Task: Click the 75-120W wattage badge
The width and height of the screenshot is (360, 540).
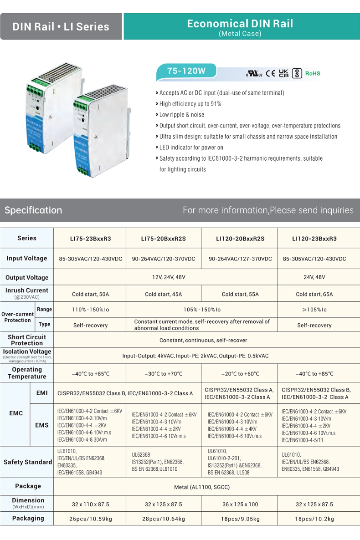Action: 186,71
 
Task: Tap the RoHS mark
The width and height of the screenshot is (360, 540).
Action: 313,73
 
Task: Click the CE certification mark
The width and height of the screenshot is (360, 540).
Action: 270,73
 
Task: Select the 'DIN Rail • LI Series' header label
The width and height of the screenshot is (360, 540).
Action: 61,26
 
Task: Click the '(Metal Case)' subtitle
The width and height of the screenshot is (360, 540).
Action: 240,34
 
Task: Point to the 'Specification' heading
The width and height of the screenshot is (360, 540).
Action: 33,210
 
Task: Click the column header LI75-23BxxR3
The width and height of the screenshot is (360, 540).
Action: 90,239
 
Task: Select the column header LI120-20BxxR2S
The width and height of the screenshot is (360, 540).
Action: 240,239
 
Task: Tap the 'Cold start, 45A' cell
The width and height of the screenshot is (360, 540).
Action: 164,294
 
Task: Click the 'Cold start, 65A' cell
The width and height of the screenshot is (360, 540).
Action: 314,294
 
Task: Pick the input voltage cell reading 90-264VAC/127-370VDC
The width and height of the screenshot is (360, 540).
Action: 240,259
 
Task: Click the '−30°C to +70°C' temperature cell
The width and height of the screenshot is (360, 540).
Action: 164,374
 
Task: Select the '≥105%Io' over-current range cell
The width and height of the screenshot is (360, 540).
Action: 314,310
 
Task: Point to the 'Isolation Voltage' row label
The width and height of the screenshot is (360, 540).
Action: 27,352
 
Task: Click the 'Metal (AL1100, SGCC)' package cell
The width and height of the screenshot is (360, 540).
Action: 202,487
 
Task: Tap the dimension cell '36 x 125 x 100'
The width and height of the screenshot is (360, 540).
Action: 240,504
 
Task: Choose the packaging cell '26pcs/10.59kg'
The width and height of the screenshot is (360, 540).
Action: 90,519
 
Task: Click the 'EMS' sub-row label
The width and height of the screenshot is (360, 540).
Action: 42,425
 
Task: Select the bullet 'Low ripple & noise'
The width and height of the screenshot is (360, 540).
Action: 182,115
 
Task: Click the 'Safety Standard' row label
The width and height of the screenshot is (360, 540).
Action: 28,462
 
